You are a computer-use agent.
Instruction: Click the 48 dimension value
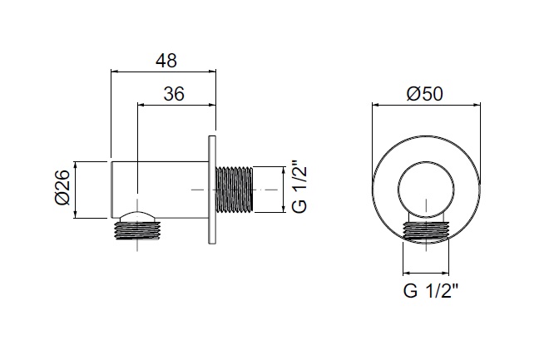(x=166, y=61)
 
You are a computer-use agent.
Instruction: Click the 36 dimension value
(x=174, y=94)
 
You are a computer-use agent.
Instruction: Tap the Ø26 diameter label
(x=62, y=187)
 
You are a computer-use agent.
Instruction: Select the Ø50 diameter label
(x=424, y=94)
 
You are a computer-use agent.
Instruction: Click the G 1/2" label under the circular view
(x=430, y=290)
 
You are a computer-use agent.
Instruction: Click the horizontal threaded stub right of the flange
(x=235, y=190)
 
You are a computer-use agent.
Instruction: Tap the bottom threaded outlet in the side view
(x=137, y=230)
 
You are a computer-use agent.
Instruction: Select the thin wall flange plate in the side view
(x=212, y=190)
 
